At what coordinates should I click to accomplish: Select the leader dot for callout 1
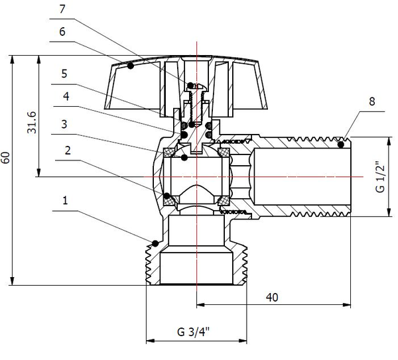pos(154,241)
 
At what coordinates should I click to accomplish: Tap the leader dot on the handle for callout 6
pos(131,66)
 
